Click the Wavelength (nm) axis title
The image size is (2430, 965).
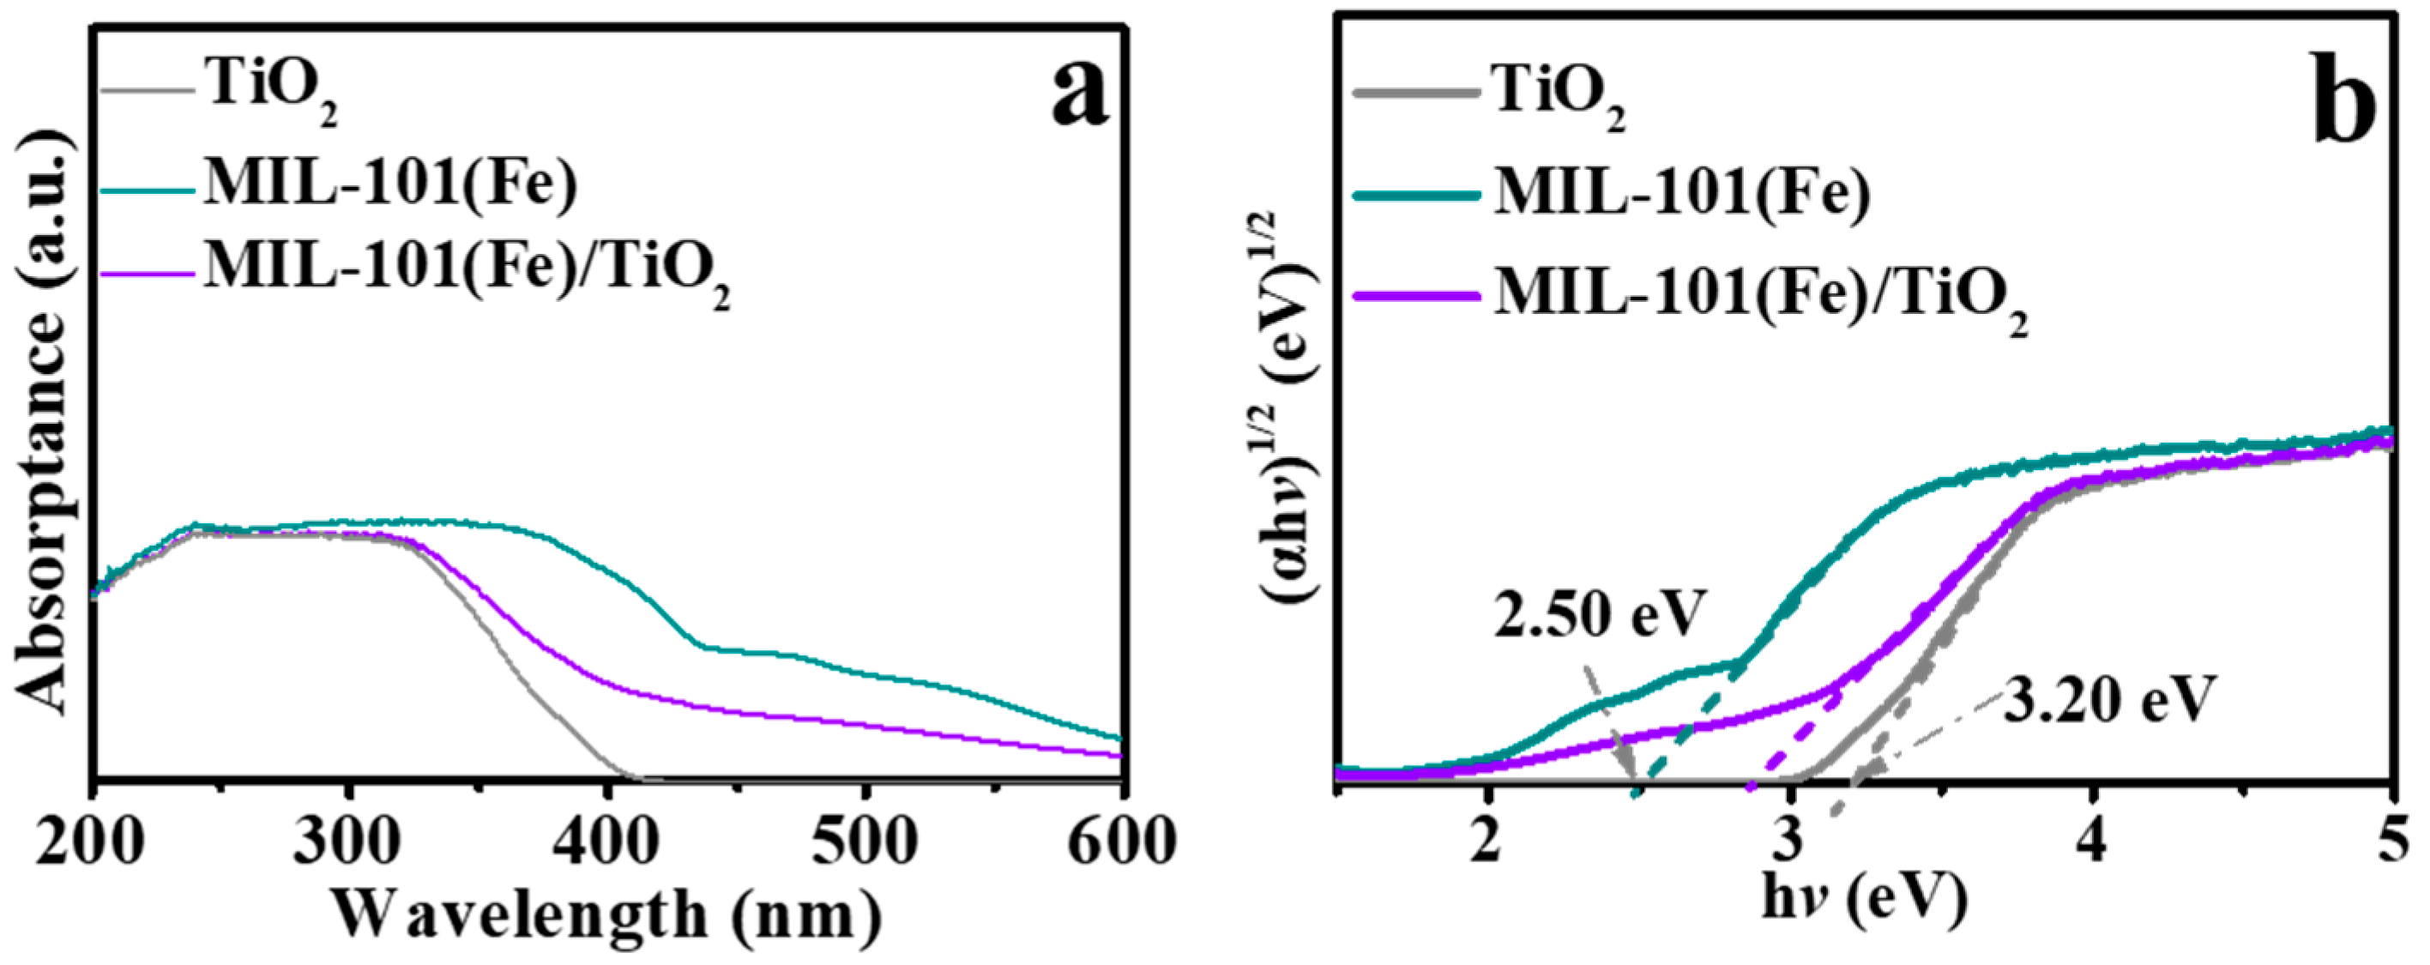pos(606,914)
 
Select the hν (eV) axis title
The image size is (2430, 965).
pos(1864,900)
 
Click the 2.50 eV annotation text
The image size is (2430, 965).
pos(1600,614)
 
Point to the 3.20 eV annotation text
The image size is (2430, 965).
pos(2107,701)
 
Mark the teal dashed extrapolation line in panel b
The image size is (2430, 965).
pos(1684,727)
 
